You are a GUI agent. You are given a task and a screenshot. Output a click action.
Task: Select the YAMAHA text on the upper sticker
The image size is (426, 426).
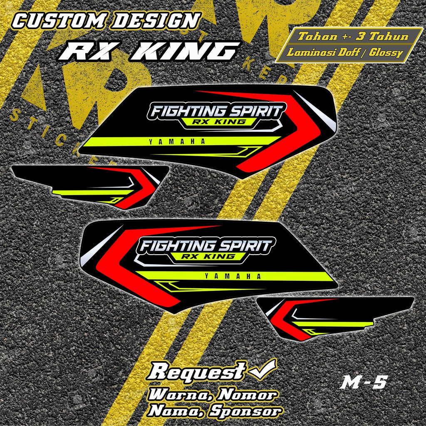pos(177,142)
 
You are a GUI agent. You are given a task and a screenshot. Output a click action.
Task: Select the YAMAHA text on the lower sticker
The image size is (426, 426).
pos(233,276)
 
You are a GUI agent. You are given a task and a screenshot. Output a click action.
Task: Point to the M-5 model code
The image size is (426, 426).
pos(363,383)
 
